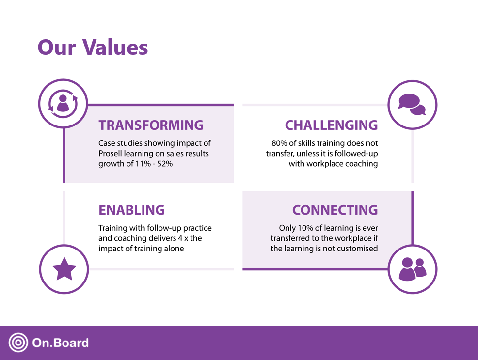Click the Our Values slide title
[93, 47]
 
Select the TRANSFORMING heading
[151, 125]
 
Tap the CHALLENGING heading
[331, 125]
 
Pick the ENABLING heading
[131, 210]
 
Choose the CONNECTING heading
[335, 210]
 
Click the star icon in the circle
[64, 269]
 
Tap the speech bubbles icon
[412, 105]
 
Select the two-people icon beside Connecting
[413, 269]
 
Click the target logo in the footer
[18, 343]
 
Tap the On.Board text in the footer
[60, 343]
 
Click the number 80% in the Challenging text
[281, 143]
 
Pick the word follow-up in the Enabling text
[164, 228]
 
